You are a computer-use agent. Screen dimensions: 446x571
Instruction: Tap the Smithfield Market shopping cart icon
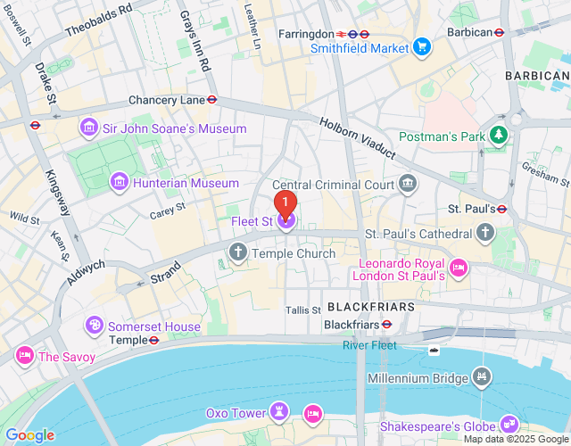[x=422, y=47]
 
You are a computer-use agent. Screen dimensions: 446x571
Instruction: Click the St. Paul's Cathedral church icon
[x=485, y=234]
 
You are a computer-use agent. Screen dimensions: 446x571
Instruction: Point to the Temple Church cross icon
[x=238, y=253]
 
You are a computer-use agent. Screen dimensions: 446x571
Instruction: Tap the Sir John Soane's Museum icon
[x=89, y=129]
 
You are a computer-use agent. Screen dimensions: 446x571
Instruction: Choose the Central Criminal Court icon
[x=408, y=184]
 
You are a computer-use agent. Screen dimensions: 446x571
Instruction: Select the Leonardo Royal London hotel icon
[x=459, y=268]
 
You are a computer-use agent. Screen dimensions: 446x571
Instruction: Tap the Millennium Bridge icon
[x=483, y=378]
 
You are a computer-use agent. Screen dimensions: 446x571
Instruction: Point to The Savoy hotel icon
[x=24, y=356]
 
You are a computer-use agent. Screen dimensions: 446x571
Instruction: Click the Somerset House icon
[x=94, y=326]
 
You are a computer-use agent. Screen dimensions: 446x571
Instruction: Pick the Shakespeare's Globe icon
[x=509, y=425]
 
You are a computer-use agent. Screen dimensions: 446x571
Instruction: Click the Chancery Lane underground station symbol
[x=211, y=100]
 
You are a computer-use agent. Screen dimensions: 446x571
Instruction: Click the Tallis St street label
[x=303, y=310]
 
